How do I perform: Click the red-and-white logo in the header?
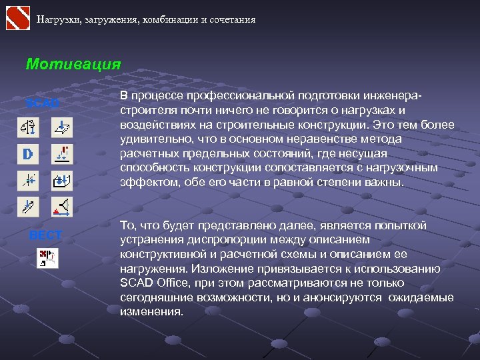click(x=17, y=19)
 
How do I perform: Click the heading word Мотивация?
click(x=73, y=65)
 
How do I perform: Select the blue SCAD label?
click(x=42, y=103)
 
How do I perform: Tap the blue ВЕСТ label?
click(x=45, y=235)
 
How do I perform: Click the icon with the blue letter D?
click(x=28, y=154)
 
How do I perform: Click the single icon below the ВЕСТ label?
click(x=47, y=258)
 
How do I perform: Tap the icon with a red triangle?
click(x=63, y=207)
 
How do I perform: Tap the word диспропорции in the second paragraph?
click(x=220, y=240)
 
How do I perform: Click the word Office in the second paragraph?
click(x=173, y=283)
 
